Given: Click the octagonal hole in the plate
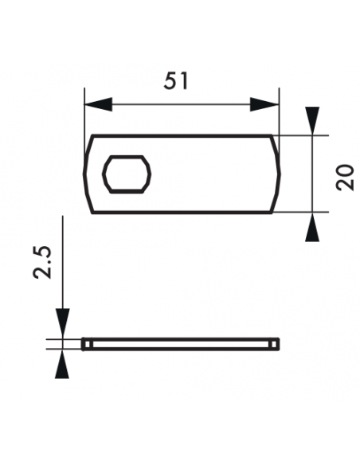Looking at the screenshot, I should click(x=127, y=173).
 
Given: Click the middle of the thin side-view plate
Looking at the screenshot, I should click(x=182, y=343).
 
